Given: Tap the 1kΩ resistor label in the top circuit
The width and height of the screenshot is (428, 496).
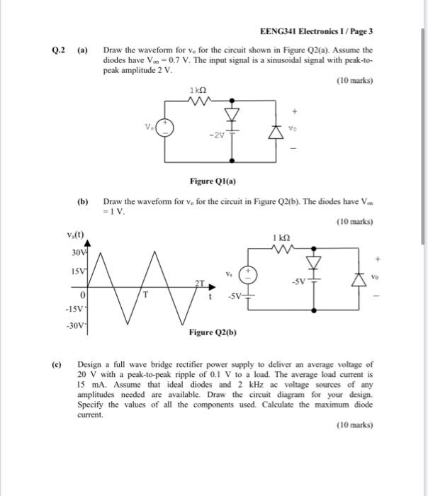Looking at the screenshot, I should (x=197, y=90).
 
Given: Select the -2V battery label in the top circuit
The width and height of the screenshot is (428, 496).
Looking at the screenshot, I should (x=215, y=136).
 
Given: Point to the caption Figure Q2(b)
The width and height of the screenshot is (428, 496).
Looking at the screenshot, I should (x=212, y=332).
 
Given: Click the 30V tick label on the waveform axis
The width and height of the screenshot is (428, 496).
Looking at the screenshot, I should (x=77, y=253).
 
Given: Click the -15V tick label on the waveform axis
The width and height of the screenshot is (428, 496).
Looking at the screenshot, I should (x=74, y=308).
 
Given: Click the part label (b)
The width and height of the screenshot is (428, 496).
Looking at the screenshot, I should (x=82, y=201).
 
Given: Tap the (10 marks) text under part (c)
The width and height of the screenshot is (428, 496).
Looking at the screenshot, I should (x=354, y=425).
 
